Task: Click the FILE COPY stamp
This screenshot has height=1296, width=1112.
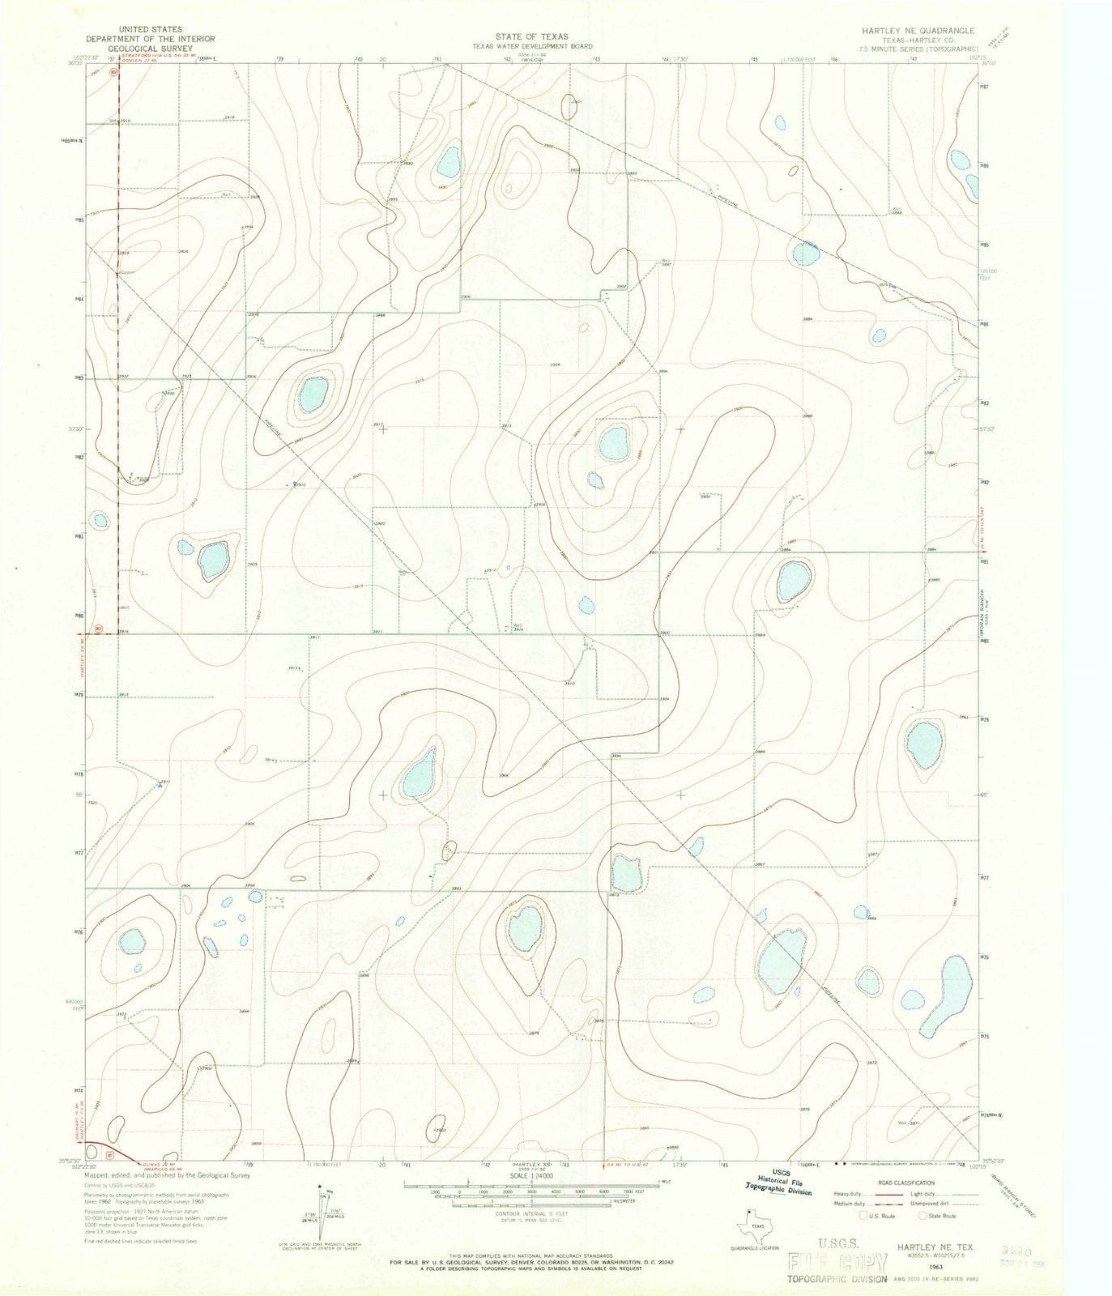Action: tap(838, 1261)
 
